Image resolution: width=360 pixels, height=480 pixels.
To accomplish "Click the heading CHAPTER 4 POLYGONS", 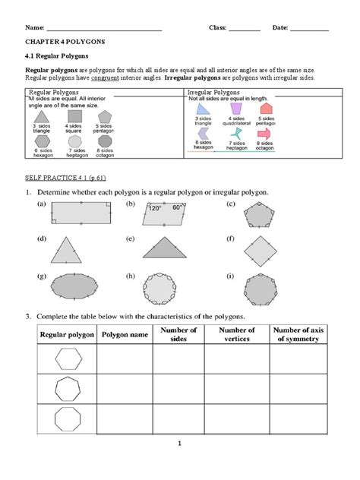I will coord(65,43).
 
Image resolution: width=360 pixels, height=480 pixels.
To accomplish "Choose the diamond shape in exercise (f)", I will coord(257,250).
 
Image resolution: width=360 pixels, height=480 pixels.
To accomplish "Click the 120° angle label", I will coord(156,207).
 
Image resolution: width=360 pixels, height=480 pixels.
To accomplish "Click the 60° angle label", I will coord(178,207).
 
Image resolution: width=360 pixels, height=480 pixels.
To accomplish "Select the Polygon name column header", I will coord(123,335).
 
